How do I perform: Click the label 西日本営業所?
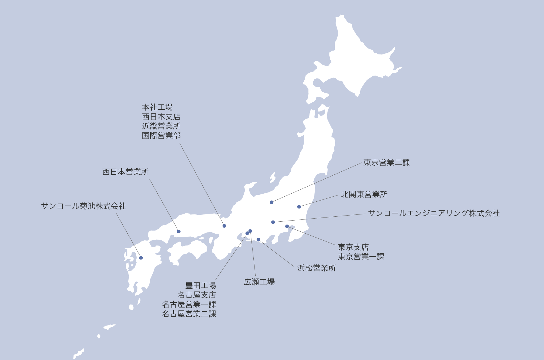(x=125, y=172)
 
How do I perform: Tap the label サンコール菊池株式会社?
(x=84, y=206)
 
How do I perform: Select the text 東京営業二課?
(x=387, y=163)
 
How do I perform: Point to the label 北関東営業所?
(x=364, y=195)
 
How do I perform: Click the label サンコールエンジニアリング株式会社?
(x=434, y=213)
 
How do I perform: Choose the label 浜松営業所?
(x=316, y=268)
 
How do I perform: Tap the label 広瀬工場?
(x=259, y=282)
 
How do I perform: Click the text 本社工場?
(x=157, y=107)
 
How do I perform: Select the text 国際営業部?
(x=161, y=136)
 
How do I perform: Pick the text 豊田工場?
(x=201, y=286)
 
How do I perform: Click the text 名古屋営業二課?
(x=189, y=314)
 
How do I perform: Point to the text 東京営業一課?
(x=361, y=257)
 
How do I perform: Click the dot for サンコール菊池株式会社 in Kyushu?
(x=141, y=258)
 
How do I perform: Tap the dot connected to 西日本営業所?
(x=179, y=231)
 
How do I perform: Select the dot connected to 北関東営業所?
(x=299, y=207)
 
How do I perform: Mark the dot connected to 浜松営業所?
(x=258, y=240)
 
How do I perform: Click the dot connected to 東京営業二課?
(x=271, y=202)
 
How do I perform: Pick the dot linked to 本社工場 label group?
(x=224, y=226)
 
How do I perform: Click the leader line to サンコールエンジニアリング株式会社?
(x=319, y=218)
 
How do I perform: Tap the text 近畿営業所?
(x=161, y=126)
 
